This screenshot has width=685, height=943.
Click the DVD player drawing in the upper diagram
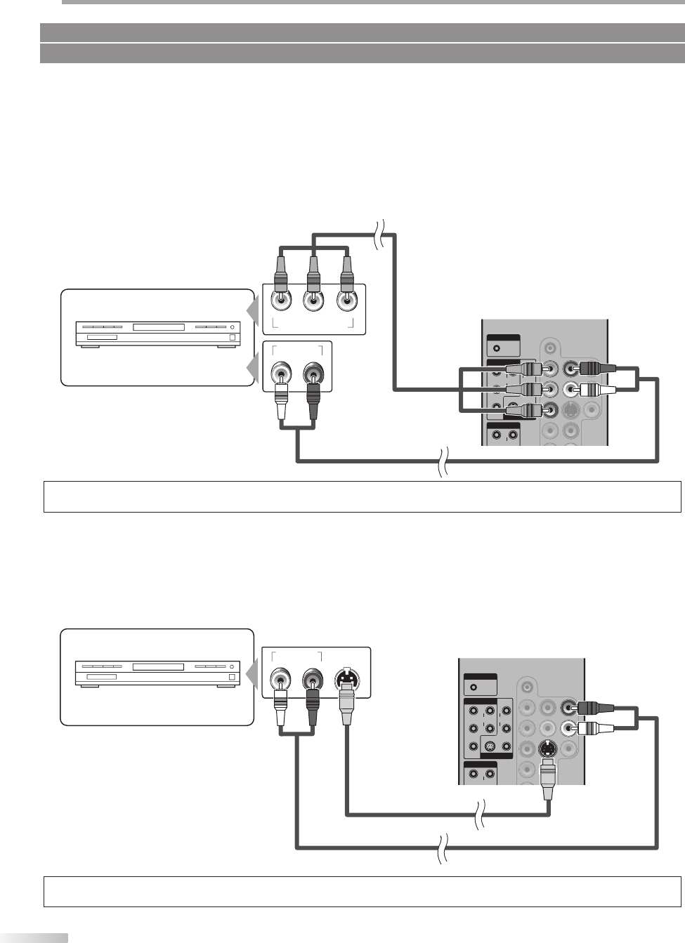tap(158, 334)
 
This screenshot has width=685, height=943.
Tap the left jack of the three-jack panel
tap(281, 301)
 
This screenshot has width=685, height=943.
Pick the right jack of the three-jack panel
tap(346, 301)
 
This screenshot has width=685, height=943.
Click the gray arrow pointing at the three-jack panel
tap(252, 310)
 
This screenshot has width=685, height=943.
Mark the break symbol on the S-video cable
tap(481, 815)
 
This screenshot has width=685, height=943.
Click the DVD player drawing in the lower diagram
tap(158, 672)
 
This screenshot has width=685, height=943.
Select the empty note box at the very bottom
tap(362, 891)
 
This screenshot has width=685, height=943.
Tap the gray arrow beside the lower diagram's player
tap(252, 675)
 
